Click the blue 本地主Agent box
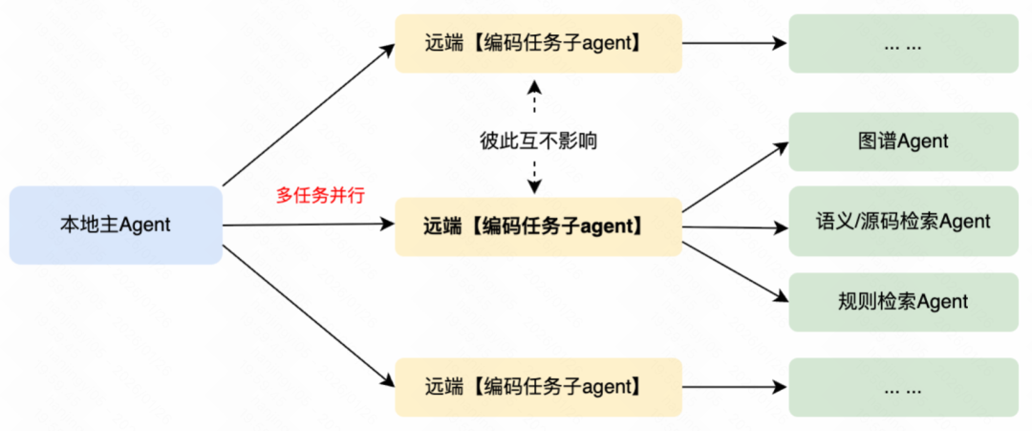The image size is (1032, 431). click(x=115, y=226)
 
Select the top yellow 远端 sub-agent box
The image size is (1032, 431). click(x=538, y=43)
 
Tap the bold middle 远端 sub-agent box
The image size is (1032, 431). click(x=538, y=226)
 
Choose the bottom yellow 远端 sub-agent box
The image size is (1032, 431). click(x=538, y=387)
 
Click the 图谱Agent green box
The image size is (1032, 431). click(x=903, y=141)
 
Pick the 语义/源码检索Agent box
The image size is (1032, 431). click(x=903, y=222)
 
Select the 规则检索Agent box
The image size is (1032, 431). click(x=903, y=302)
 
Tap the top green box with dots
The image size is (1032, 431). click(x=903, y=44)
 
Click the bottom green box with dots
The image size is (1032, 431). click(x=903, y=388)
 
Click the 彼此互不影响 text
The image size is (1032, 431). click(x=538, y=141)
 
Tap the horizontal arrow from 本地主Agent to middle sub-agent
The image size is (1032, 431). click(x=308, y=226)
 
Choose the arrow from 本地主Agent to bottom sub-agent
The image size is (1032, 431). click(x=308, y=315)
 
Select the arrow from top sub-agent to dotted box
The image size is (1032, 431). click(x=734, y=44)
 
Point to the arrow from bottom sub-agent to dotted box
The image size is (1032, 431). click(x=734, y=388)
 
